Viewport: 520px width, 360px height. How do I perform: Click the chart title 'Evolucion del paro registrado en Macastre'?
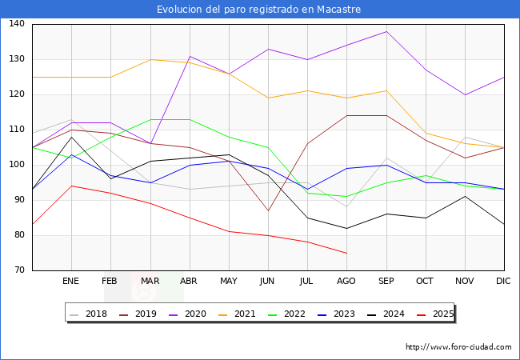coord(259,10)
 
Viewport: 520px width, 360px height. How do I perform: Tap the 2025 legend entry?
coord(432,314)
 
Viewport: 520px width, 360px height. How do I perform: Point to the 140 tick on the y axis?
coord(17,24)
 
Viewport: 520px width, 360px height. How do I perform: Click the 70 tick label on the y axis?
coord(19,270)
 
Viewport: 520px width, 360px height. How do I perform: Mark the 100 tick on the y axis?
coord(17,165)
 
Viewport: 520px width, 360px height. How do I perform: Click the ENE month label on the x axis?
coord(71,282)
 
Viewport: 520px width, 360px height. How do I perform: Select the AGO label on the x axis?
coord(346,282)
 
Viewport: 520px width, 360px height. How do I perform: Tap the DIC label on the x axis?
coord(504,282)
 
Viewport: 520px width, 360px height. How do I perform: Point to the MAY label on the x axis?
coord(229,282)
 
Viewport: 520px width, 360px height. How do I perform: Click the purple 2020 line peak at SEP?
coord(386,31)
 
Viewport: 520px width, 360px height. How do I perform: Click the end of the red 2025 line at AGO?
coord(346,253)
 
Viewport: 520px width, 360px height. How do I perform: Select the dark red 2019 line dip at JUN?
coord(268,210)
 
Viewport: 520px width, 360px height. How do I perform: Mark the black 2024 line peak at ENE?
coord(71,137)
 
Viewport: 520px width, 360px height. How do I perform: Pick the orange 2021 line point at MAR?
coord(150,59)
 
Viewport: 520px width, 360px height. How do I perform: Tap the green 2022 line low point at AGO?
coord(346,196)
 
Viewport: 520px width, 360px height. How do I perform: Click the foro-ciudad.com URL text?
coord(458,347)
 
